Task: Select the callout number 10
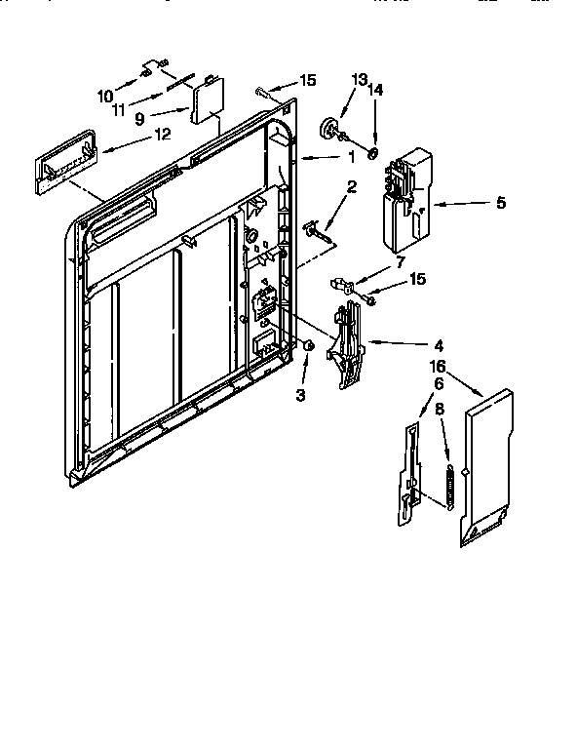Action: click(x=104, y=95)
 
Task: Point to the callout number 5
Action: click(x=500, y=203)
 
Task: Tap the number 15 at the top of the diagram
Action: click(x=307, y=80)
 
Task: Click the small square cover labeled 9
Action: click(x=207, y=102)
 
